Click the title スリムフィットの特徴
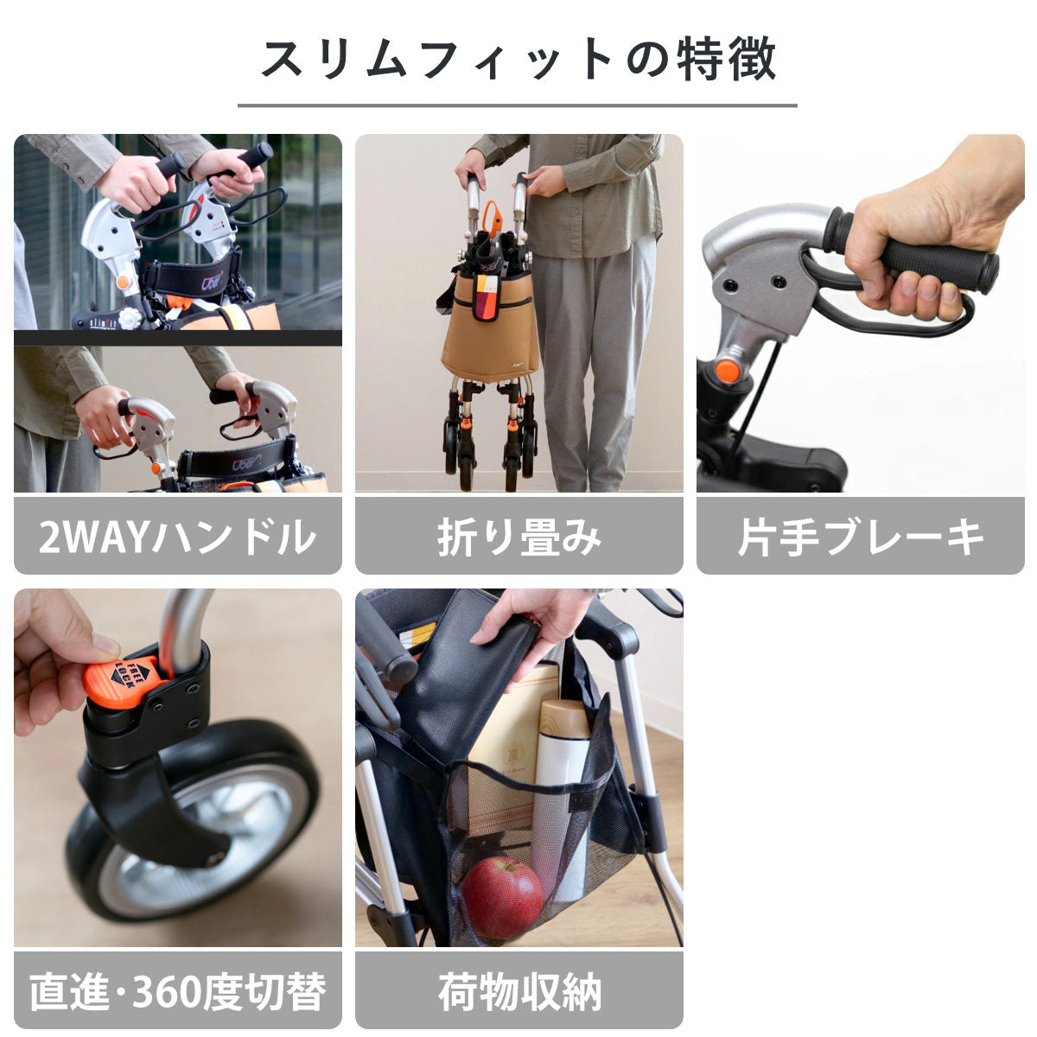(x=518, y=59)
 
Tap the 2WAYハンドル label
(x=177, y=537)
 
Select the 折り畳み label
(x=518, y=537)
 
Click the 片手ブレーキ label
(x=860, y=537)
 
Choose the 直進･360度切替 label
(x=177, y=991)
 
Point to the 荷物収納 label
(x=518, y=991)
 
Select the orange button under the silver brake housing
(x=728, y=371)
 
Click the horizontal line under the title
(x=517, y=105)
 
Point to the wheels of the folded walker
(x=488, y=445)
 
